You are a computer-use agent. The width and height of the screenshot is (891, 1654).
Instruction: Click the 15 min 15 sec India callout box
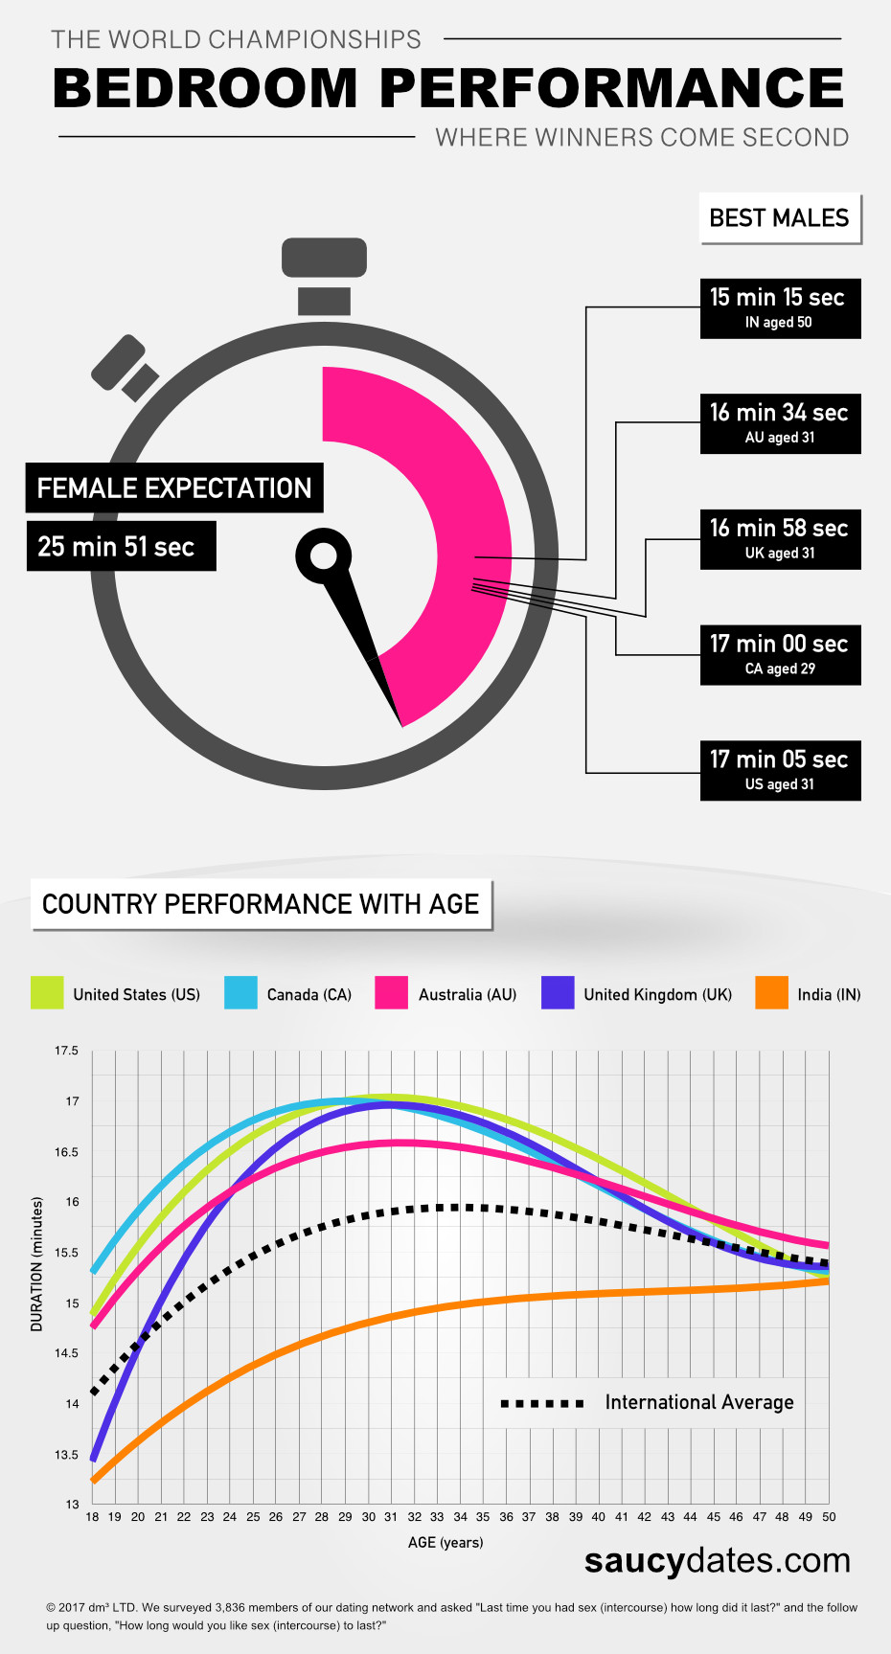point(780,308)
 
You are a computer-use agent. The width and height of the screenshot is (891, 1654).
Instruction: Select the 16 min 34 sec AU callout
point(780,423)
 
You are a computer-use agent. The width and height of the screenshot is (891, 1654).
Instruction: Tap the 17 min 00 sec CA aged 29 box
point(780,655)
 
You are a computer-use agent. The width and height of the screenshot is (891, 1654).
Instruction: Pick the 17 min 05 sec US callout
point(780,770)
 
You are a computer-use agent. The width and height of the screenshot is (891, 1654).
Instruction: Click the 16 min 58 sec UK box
point(780,539)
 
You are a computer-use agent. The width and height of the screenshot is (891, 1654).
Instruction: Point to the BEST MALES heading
point(779,218)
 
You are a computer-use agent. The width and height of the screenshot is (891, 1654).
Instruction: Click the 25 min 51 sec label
point(120,547)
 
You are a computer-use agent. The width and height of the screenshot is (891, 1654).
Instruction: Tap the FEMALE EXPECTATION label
point(173,488)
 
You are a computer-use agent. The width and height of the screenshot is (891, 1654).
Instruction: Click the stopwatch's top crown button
point(324,258)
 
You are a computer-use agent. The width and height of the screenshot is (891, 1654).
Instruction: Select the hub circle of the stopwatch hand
point(324,555)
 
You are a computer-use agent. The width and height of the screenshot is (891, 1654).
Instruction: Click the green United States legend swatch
point(47,993)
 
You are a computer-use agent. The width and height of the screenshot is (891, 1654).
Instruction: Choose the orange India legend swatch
point(771,993)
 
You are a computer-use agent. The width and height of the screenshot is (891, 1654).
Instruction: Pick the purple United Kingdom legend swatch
point(558,993)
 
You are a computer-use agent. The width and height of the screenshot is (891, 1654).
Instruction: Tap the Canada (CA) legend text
point(308,995)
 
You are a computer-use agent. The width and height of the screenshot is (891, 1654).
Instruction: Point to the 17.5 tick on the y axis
point(66,1051)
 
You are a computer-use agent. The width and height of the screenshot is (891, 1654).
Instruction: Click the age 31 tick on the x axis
point(391,1517)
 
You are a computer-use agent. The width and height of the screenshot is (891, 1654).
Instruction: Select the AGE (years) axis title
point(445,1543)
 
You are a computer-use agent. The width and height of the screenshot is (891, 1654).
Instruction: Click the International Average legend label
point(698,1403)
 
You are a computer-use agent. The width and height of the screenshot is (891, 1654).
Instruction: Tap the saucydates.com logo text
point(717,1560)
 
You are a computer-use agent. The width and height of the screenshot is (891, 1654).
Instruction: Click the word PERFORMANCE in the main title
point(611,89)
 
